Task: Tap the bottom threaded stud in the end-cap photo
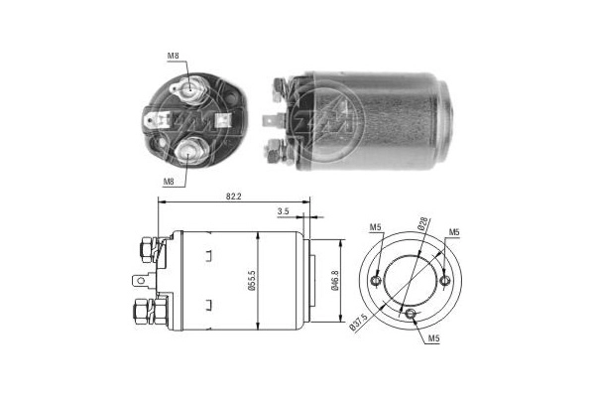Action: (190, 151)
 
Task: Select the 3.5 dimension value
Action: (285, 211)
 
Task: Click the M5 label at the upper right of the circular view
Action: (453, 233)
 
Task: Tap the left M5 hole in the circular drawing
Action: (375, 282)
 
